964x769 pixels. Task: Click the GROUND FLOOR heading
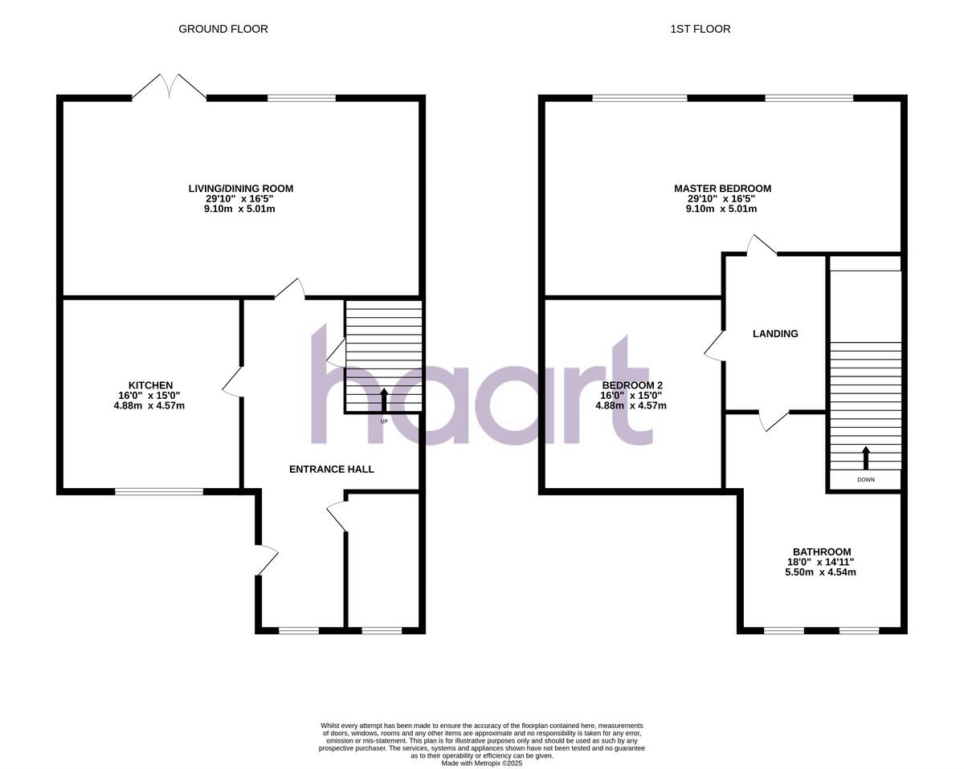tap(223, 29)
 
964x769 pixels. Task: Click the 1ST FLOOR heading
tap(701, 29)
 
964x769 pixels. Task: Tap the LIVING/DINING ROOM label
tap(241, 189)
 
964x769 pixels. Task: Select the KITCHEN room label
tap(150, 385)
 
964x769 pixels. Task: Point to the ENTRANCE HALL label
tap(332, 469)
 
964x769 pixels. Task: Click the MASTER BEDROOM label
tap(722, 189)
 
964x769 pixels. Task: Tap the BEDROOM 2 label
tap(631, 385)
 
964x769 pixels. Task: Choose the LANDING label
tap(775, 333)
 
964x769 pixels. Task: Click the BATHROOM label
tap(822, 551)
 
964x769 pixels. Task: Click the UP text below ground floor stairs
tap(383, 421)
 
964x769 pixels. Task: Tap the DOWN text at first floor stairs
tap(865, 479)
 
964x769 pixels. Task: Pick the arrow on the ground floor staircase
tap(383, 399)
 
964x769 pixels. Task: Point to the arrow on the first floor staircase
tap(865, 458)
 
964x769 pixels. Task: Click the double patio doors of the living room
tap(169, 88)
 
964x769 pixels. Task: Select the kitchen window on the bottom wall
tap(158, 490)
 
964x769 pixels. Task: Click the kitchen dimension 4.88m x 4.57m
tap(149, 405)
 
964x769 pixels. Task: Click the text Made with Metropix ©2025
tap(482, 763)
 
